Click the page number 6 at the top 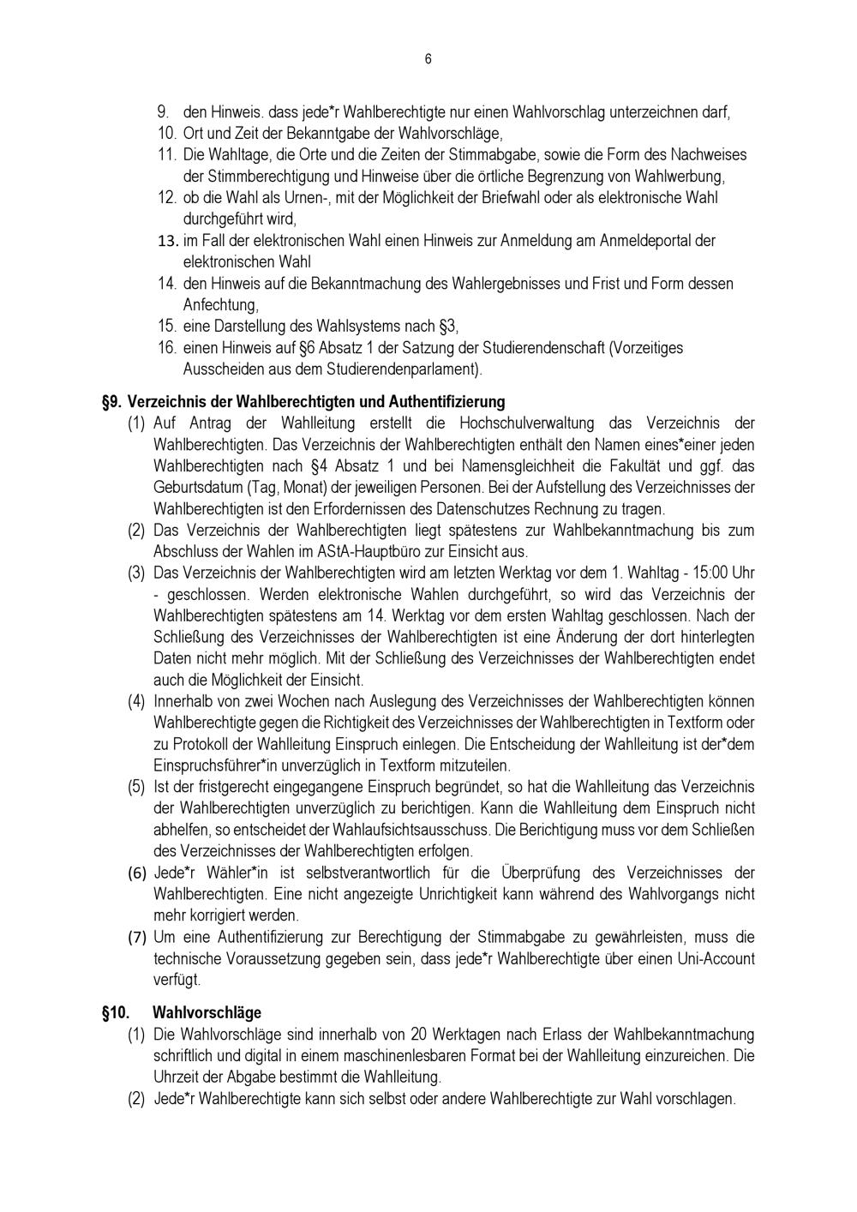428,59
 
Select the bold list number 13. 168,241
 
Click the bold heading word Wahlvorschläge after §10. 207,1012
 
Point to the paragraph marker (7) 138,937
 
